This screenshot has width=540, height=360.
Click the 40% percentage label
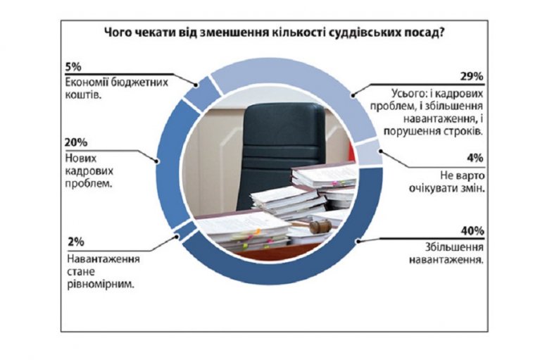[x=472, y=231]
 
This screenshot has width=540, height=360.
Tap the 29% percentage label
[x=472, y=77]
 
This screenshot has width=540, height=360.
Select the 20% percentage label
[x=76, y=142]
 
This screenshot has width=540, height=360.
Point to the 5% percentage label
[x=73, y=66]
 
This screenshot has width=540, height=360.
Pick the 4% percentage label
[x=475, y=158]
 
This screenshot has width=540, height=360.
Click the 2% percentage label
[x=76, y=242]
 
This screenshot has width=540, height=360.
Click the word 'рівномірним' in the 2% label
[x=101, y=285]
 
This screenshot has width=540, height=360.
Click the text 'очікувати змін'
[x=446, y=188]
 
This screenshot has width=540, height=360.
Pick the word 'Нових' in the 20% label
[x=81, y=159]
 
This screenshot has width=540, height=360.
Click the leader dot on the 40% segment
[x=358, y=241]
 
